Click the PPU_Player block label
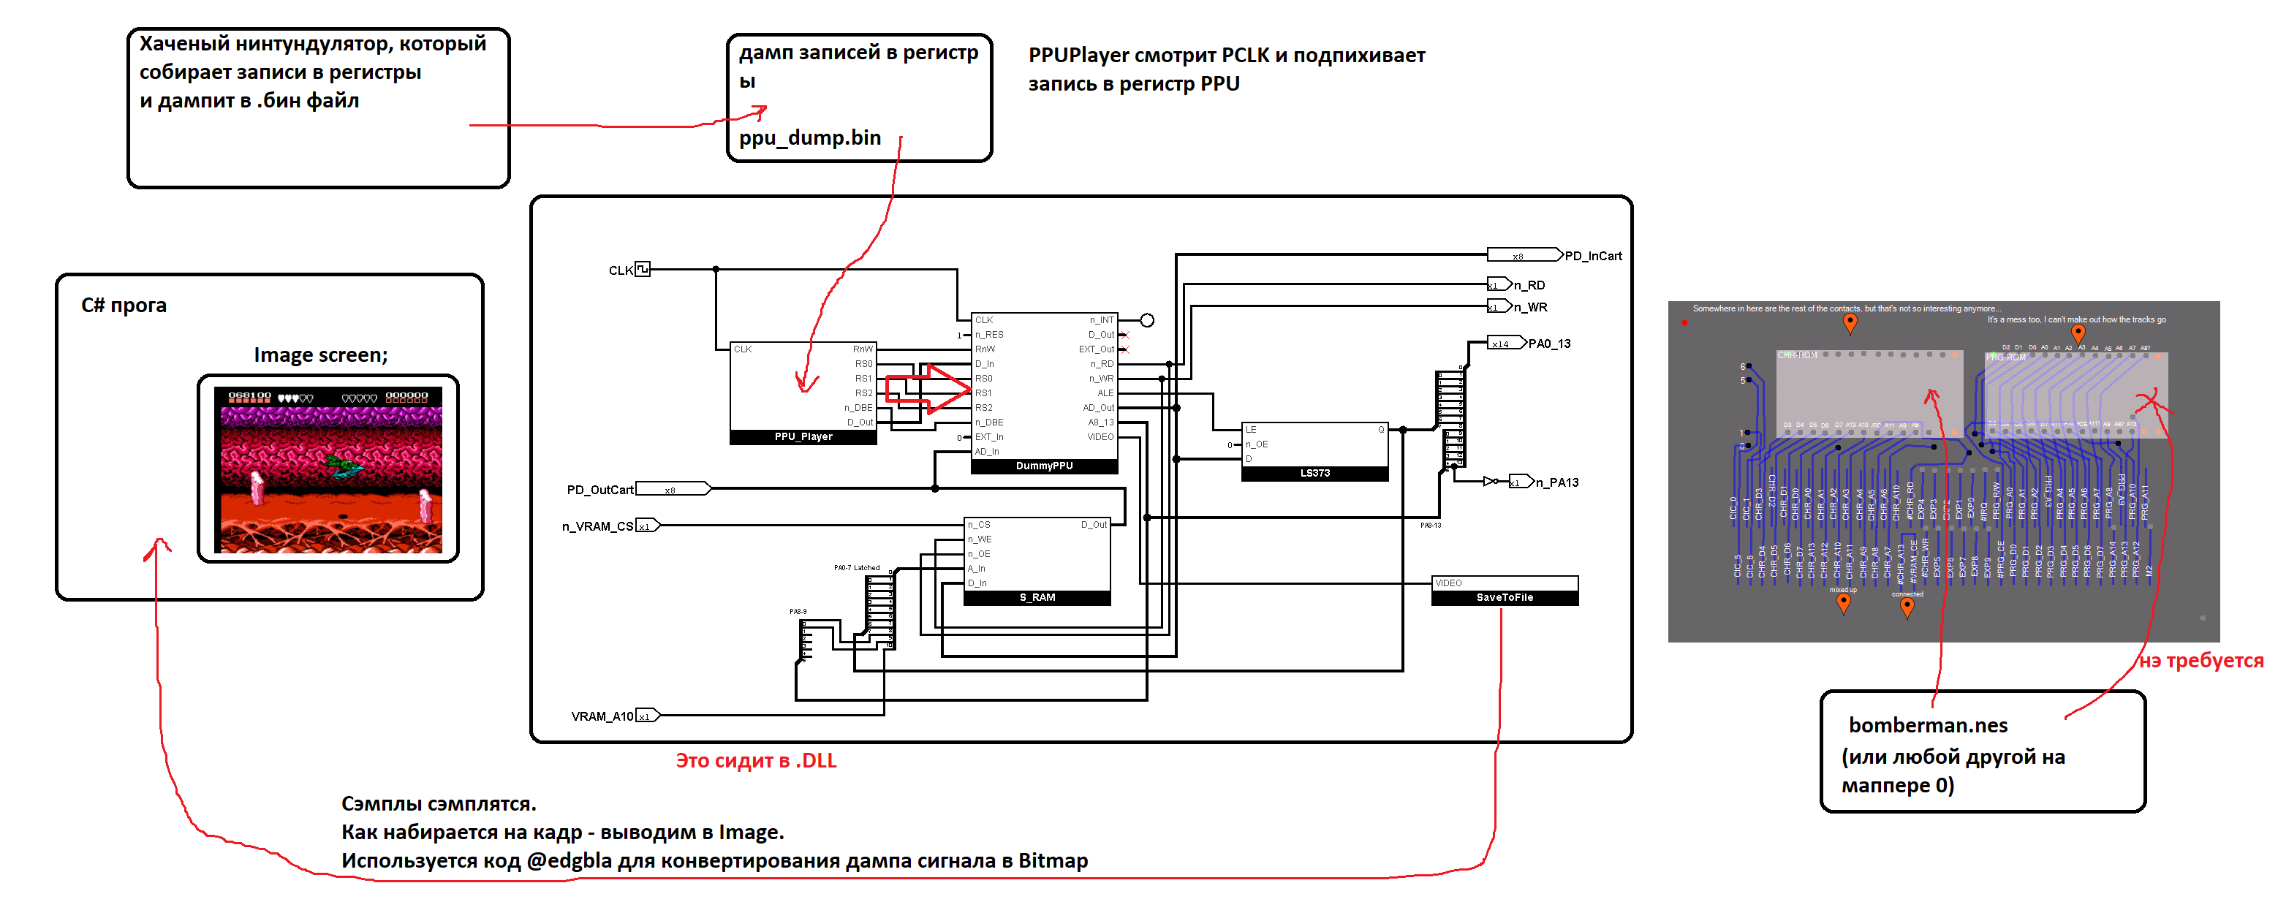coord(803,437)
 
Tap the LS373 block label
coord(1314,473)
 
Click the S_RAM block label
coord(1037,598)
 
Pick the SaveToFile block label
coord(1505,598)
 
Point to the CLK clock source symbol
coord(643,269)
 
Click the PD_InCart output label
coord(1593,257)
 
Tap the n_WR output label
coord(1530,308)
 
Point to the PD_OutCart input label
coord(599,490)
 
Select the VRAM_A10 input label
coord(602,716)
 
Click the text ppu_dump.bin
coord(809,138)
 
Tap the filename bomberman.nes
coord(1928,726)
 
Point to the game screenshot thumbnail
coord(328,469)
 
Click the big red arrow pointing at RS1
coord(928,388)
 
